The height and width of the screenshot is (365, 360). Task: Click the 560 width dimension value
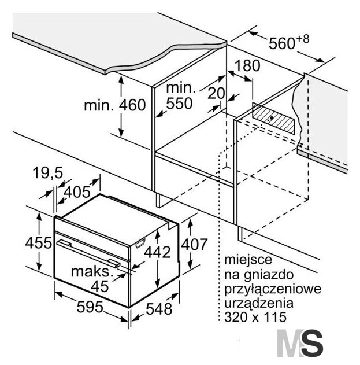pyautogui.click(x=282, y=43)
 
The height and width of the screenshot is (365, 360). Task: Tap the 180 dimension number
pyautogui.click(x=247, y=65)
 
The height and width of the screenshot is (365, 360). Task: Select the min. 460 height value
pyautogui.click(x=115, y=105)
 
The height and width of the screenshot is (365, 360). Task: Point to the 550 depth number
pyautogui.click(x=179, y=104)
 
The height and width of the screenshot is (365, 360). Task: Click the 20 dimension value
pyautogui.click(x=216, y=93)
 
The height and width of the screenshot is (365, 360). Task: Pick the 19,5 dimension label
pyautogui.click(x=48, y=173)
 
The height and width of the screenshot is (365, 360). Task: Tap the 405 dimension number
pyautogui.click(x=77, y=192)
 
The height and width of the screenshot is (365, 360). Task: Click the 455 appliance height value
pyautogui.click(x=39, y=243)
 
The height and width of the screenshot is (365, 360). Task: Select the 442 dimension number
pyautogui.click(x=157, y=252)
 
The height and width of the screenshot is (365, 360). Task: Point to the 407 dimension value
pyautogui.click(x=194, y=245)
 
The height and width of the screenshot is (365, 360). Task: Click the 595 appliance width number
pyautogui.click(x=90, y=307)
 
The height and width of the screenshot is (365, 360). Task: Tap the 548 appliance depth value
pyautogui.click(x=159, y=309)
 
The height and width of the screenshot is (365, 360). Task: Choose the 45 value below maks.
pyautogui.click(x=100, y=286)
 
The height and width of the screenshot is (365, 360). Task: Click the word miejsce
pyautogui.click(x=248, y=260)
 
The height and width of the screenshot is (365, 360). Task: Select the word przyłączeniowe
pyautogui.click(x=273, y=289)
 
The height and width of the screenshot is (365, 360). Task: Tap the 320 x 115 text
pyautogui.click(x=255, y=317)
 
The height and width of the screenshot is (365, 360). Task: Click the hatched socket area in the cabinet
pyautogui.click(x=273, y=119)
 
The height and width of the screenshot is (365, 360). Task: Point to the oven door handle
pyautogui.click(x=88, y=252)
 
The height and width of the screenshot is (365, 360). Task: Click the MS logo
pyautogui.click(x=300, y=343)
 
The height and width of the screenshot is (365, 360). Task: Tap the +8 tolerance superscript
pyautogui.click(x=303, y=39)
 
